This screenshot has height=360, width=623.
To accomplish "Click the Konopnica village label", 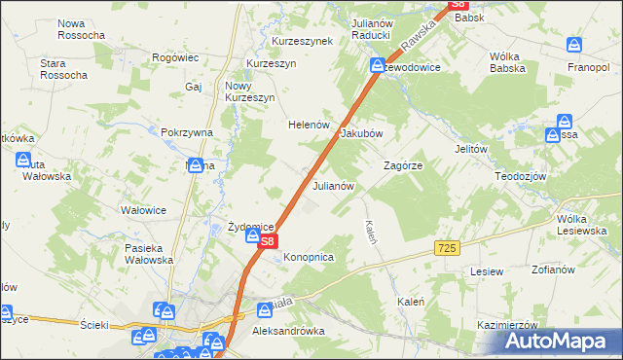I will coord(310,257).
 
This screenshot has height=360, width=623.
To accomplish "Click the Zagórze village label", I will coord(403,165).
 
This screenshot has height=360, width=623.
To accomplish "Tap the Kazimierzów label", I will coord(508,324).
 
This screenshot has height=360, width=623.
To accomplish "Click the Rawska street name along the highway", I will coord(419,41).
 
